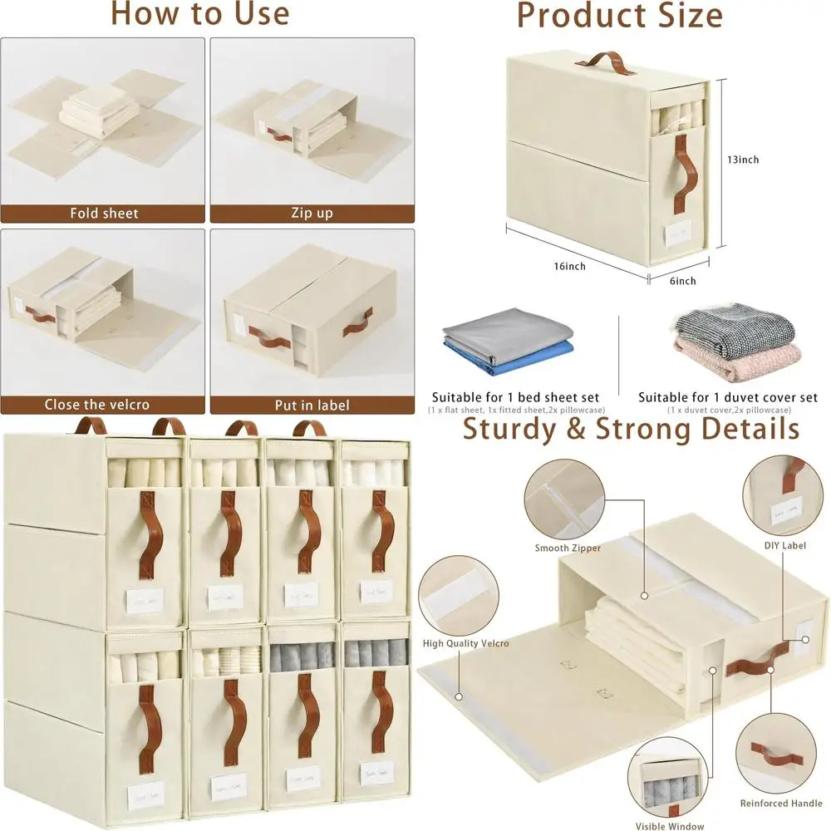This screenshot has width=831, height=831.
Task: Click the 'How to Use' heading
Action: click(199, 14)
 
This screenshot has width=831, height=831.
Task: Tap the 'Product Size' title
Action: click(619, 15)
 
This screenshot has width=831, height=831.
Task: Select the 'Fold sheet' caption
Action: click(104, 214)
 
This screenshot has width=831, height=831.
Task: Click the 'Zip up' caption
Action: click(312, 214)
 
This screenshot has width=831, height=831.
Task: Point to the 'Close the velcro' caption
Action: click(98, 405)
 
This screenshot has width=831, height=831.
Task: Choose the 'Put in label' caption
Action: click(312, 406)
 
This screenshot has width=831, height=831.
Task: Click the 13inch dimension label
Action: click(742, 160)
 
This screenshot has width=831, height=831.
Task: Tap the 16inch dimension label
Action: click(569, 267)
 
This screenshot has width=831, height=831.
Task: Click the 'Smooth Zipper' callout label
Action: click(568, 548)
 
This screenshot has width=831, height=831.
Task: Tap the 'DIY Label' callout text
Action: click(784, 545)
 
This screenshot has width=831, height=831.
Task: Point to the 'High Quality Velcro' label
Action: click(465, 643)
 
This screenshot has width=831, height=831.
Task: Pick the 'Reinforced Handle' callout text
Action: click(780, 804)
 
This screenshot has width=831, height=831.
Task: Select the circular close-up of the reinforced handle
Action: click(780, 753)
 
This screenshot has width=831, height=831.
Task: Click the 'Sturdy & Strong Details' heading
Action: click(631, 429)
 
